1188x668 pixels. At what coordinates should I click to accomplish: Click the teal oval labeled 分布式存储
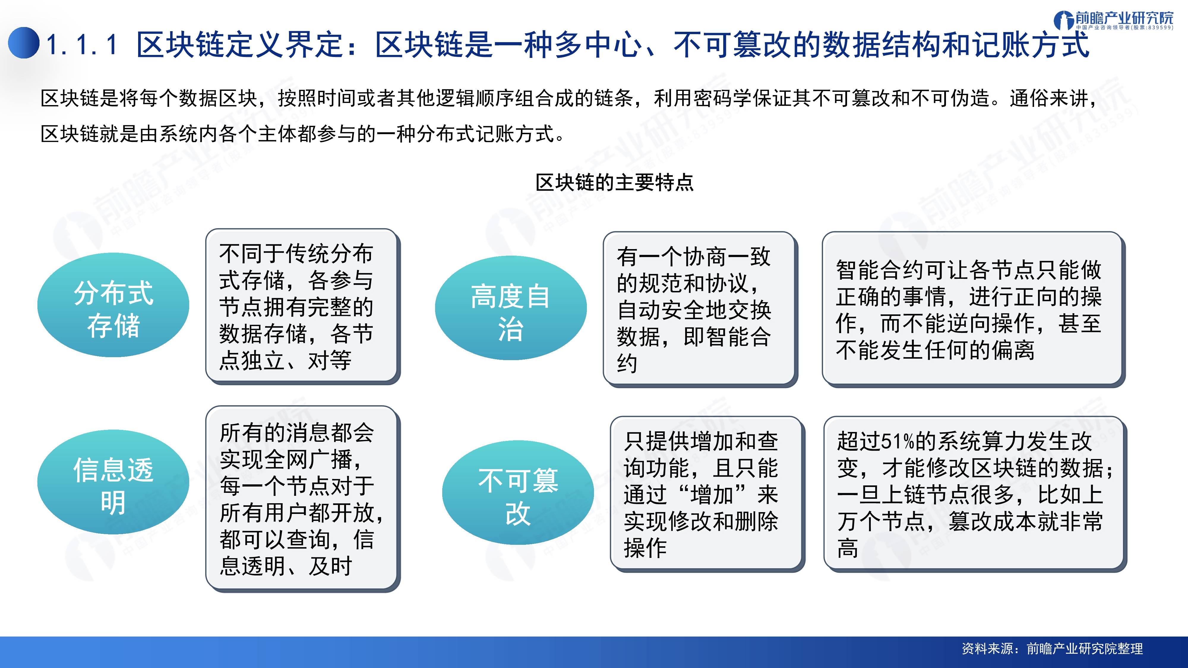click(113, 305)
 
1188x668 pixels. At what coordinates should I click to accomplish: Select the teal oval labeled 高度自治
click(511, 308)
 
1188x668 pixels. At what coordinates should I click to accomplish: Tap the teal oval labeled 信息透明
click(113, 482)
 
